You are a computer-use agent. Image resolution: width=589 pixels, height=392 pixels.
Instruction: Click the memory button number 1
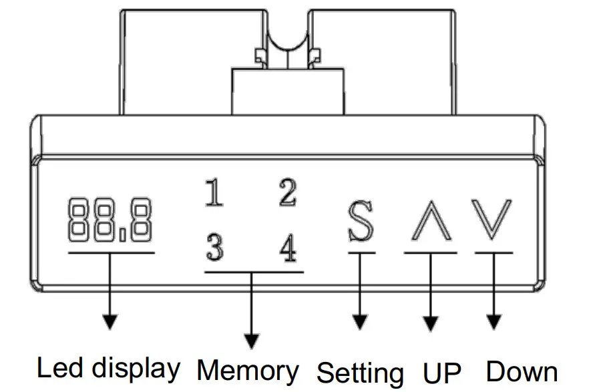[214, 194]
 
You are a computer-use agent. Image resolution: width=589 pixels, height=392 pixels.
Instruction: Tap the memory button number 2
[287, 194]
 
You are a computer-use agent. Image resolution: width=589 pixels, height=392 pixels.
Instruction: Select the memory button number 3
[214, 250]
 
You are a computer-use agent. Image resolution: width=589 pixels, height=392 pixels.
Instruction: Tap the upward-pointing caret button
[430, 220]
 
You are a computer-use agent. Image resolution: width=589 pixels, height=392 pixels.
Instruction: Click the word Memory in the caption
[248, 371]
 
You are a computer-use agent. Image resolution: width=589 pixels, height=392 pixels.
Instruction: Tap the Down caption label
[522, 371]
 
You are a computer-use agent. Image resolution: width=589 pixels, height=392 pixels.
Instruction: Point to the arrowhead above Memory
[251, 341]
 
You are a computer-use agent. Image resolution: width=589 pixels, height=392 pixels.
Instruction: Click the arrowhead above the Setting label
[361, 322]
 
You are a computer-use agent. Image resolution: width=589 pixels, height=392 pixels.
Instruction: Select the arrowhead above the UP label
[429, 322]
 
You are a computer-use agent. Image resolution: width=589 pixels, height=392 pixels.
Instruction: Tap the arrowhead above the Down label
[494, 322]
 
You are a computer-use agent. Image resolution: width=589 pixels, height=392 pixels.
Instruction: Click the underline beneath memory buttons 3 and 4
[253, 272]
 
